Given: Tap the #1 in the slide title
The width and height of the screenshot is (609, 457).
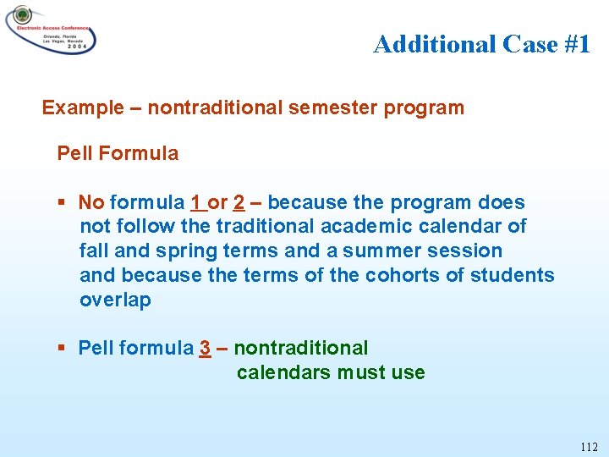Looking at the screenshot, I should tap(575, 44).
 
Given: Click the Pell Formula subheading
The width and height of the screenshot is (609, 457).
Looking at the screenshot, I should tap(118, 154).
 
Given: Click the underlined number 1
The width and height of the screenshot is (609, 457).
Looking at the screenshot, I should tap(196, 203).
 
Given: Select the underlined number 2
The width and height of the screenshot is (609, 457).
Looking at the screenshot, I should tap(239, 203).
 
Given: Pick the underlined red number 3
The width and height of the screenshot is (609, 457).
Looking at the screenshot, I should tap(205, 349).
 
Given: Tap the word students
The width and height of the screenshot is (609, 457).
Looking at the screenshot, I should tap(512, 276).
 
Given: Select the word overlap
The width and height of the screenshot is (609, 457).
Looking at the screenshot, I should tap(115, 300).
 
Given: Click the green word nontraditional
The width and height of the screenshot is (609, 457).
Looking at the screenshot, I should tap(301, 349).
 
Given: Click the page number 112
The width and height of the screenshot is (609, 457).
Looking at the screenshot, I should tap(589, 447).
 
